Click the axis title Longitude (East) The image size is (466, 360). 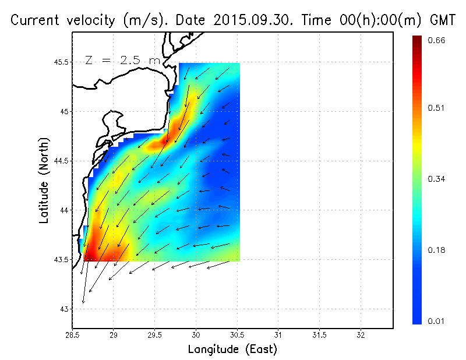coord(232,350)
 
